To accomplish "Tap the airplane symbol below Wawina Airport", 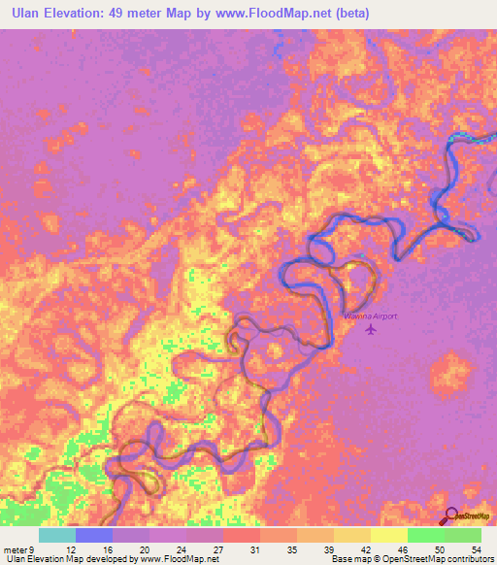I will (370, 330).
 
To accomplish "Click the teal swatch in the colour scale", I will (57, 535).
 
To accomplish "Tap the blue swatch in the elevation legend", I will (94, 535).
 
